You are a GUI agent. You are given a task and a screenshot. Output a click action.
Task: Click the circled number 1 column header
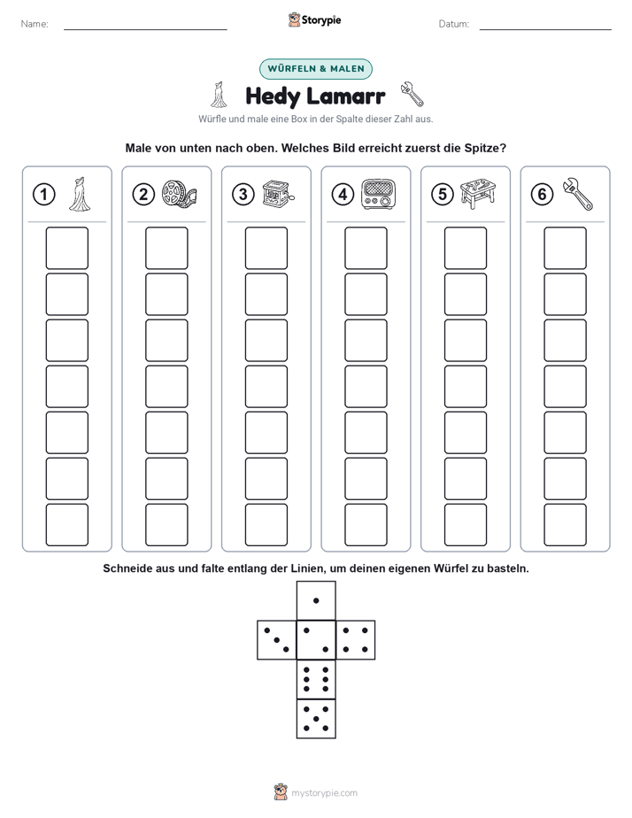[x=43, y=195]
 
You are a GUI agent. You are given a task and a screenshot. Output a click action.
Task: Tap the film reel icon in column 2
[x=180, y=194]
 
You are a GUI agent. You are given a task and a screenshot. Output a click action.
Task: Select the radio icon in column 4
[x=379, y=194]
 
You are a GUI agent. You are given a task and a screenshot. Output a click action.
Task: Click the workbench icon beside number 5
[x=478, y=194]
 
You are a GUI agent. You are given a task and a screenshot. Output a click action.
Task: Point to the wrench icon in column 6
[x=578, y=194]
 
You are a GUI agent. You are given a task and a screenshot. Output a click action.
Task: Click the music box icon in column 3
[x=278, y=194]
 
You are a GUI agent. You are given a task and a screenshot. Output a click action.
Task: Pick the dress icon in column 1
[x=80, y=194]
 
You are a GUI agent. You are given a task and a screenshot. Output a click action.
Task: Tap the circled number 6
[x=543, y=195]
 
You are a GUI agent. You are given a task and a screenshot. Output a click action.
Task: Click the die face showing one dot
[x=316, y=600]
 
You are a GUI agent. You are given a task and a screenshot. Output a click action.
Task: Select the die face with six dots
[x=316, y=679]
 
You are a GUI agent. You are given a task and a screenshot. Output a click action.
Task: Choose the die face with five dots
[x=316, y=719]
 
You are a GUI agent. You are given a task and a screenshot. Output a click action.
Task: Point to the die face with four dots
[x=356, y=640]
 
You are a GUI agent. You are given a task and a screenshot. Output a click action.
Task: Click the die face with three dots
[x=277, y=640]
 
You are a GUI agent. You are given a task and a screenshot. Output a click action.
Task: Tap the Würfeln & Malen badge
[x=316, y=69]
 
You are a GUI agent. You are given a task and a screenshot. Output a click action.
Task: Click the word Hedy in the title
[x=273, y=96]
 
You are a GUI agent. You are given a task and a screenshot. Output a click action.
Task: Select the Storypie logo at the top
[x=315, y=20]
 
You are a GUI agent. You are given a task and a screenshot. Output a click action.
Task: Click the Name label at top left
[x=35, y=24]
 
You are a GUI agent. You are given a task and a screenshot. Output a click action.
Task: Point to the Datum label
[x=454, y=24]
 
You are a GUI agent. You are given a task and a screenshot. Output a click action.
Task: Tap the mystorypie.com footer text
[x=324, y=793]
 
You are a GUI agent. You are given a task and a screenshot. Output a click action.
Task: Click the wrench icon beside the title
[x=412, y=94]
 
